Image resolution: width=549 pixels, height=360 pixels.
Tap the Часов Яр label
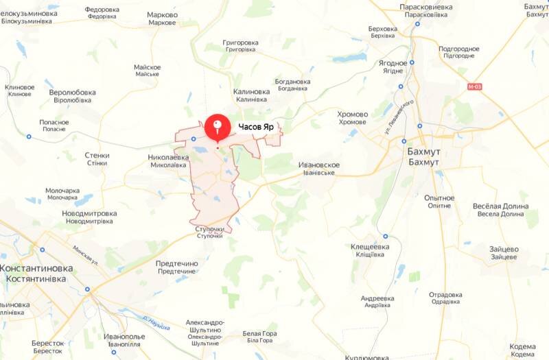click(x=257, y=127)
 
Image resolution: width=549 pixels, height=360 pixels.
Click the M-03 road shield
click(x=474, y=87)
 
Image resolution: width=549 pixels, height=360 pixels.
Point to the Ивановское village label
click(x=320, y=165)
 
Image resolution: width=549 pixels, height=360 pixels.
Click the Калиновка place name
click(x=252, y=92)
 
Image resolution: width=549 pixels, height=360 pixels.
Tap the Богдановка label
click(x=292, y=82)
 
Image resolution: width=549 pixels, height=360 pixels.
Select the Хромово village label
click(x=353, y=115)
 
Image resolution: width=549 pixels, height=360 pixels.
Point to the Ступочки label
click(x=209, y=229)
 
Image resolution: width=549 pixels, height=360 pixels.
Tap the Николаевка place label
click(x=168, y=157)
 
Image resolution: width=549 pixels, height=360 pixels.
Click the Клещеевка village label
click(x=370, y=246)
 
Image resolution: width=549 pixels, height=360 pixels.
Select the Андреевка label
click(x=377, y=299)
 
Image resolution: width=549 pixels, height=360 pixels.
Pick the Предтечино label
click(x=176, y=263)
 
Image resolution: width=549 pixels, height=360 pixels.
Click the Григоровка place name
click(x=240, y=43)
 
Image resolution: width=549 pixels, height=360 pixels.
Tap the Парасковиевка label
click(x=426, y=6)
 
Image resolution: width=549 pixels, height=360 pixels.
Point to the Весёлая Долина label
click(x=501, y=206)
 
